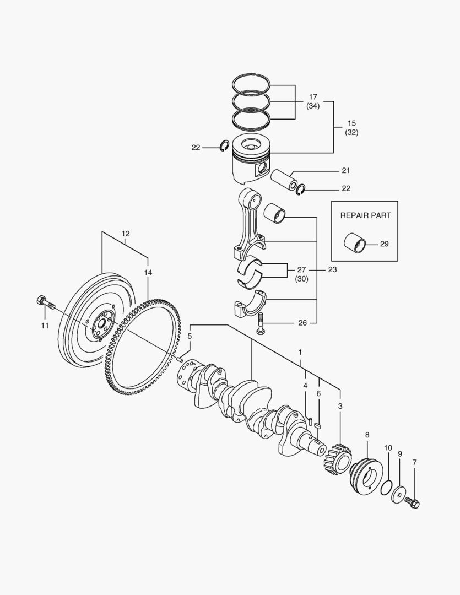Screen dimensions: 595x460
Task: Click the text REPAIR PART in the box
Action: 365,215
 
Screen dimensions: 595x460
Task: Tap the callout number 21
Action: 345,170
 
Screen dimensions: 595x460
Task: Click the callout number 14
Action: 148,272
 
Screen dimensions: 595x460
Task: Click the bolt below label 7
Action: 412,502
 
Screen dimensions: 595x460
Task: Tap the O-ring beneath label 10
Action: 386,487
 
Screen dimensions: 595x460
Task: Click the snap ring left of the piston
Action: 224,147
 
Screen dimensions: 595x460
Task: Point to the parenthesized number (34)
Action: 313,106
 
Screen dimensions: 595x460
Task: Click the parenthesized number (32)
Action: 351,132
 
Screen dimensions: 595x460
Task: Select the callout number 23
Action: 332,270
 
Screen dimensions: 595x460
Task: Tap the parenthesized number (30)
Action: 301,279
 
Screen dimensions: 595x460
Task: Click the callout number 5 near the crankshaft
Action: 190,336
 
